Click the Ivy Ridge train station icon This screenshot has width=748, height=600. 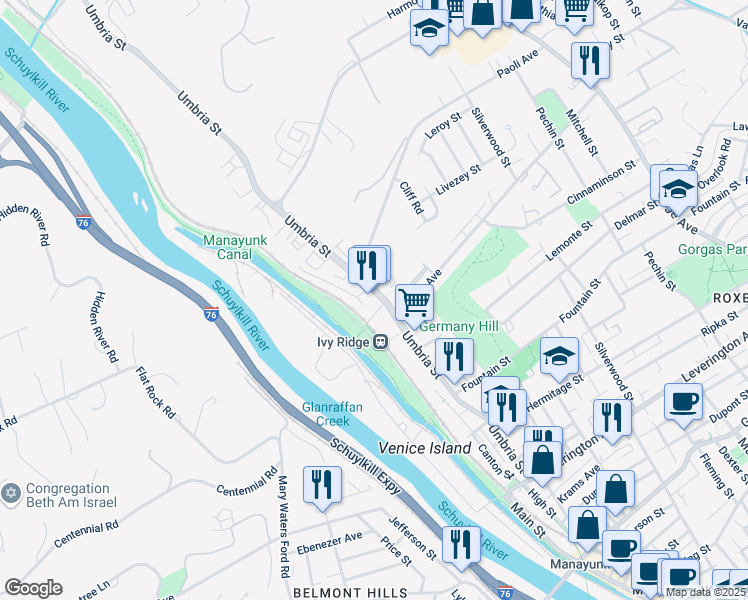380,342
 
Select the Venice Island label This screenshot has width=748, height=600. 424,448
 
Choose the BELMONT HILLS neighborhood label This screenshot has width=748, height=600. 350,591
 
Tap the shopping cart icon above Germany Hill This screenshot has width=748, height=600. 413,300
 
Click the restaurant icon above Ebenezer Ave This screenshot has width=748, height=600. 322,484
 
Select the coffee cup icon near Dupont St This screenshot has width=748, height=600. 683,401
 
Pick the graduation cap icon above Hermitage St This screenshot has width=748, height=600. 559,354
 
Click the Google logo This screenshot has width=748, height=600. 33,588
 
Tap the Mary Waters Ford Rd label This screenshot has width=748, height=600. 284,525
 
